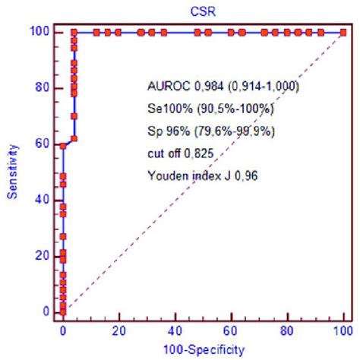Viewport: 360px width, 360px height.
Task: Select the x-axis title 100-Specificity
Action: tap(203, 349)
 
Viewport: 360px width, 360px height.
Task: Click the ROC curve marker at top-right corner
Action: tap(343, 33)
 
